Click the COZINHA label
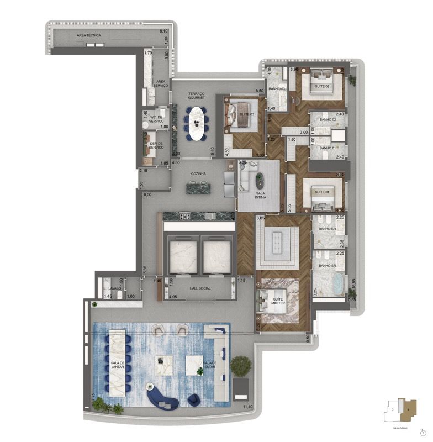tap(198, 174)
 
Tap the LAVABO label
tap(115, 288)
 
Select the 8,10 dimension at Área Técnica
tap(164, 31)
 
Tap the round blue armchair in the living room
tap(194, 398)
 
